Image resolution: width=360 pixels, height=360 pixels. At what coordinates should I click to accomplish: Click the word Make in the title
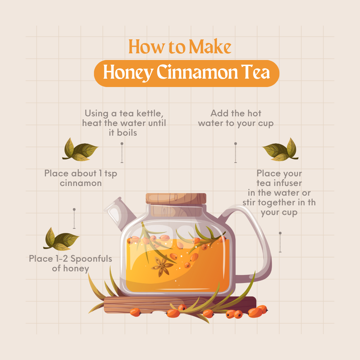[210, 47]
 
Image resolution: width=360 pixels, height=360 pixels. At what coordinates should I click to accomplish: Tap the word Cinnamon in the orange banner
[197, 72]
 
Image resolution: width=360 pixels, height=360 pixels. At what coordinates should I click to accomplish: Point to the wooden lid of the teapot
[176, 199]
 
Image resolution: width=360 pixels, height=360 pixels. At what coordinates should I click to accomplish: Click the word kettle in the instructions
[150, 113]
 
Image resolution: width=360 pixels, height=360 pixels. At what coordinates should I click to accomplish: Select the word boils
[127, 133]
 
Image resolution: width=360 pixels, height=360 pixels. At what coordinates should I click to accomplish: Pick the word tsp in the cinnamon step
[111, 174]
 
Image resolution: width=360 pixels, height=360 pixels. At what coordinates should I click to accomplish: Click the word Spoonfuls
[91, 259]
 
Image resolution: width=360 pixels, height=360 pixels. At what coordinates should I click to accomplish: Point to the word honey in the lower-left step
[76, 269]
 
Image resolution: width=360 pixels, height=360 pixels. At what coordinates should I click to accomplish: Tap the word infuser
[287, 183]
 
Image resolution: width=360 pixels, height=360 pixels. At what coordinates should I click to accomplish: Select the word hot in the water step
[254, 113]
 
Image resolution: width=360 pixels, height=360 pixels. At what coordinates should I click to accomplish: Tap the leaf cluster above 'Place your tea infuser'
[280, 150]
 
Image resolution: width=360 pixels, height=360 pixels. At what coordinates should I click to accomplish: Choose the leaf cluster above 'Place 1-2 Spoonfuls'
[61, 239]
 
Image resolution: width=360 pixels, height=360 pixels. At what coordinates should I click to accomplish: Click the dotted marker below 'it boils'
[122, 153]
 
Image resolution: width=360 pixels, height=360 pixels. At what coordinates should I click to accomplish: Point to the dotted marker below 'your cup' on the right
[280, 242]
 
